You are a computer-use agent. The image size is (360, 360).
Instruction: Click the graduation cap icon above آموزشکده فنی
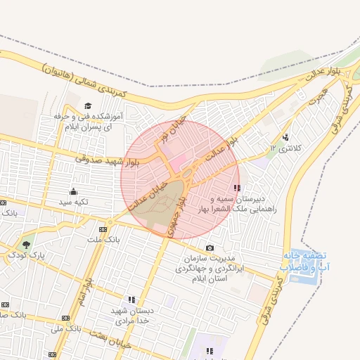(x=87, y=105)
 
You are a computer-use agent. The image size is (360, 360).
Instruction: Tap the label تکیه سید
(x=73, y=202)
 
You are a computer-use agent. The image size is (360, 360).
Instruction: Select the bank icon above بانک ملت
(x=103, y=229)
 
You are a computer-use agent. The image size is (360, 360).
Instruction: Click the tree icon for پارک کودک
(x=27, y=245)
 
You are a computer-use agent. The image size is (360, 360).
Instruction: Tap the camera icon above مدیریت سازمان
(x=210, y=247)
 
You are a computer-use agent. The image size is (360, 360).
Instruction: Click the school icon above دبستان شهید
(x=131, y=300)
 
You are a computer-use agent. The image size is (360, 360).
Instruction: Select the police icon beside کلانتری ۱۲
(x=285, y=137)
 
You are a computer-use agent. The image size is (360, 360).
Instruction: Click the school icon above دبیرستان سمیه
(x=238, y=188)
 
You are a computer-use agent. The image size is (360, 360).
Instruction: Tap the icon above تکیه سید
(x=73, y=192)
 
